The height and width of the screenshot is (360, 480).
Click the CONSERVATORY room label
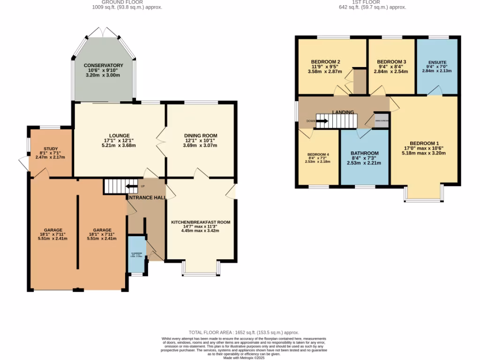103,65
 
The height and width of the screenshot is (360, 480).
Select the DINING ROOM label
200,135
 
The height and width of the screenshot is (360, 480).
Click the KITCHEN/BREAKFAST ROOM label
200,222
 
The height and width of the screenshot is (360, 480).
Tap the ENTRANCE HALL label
145,198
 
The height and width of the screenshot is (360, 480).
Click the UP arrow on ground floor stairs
131,187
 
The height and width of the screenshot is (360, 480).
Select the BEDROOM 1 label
424,143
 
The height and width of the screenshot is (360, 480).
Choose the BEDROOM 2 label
325,62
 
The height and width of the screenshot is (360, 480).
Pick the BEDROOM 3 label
391,62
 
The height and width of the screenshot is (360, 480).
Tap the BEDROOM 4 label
318,155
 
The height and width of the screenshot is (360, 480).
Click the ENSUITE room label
437,62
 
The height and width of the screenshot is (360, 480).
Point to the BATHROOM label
364,153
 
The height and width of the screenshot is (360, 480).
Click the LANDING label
343,112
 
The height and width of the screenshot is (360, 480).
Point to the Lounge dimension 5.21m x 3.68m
119,145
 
